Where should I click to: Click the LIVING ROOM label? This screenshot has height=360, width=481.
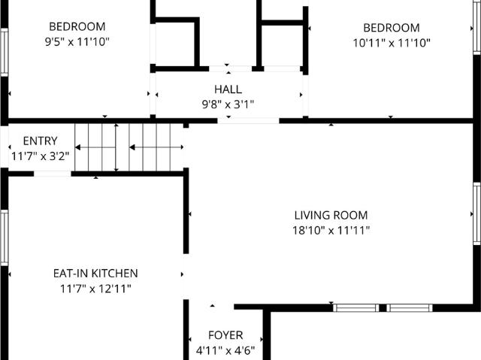pyautogui.click(x=331, y=215)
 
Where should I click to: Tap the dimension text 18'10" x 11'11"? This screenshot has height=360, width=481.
pyautogui.click(x=331, y=231)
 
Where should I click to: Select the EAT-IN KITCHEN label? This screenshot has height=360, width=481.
pyautogui.click(x=95, y=274)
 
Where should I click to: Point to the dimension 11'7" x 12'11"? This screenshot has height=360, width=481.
pyautogui.click(x=95, y=289)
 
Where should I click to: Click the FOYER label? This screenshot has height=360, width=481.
pyautogui.click(x=225, y=335)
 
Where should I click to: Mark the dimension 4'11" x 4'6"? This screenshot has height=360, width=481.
pyautogui.click(x=225, y=350)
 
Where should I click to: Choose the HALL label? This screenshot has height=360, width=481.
pyautogui.click(x=228, y=89)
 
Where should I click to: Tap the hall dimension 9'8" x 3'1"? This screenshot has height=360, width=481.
pyautogui.click(x=228, y=104)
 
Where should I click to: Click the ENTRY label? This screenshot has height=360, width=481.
pyautogui.click(x=40, y=141)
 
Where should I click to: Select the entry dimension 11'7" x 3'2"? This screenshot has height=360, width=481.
pyautogui.click(x=40, y=156)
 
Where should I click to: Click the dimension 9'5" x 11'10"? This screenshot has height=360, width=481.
pyautogui.click(x=77, y=43)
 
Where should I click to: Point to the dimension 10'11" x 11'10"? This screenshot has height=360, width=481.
pyautogui.click(x=392, y=43)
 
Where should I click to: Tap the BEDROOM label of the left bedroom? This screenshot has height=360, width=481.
pyautogui.click(x=77, y=27)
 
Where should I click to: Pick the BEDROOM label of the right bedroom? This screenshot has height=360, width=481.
pyautogui.click(x=392, y=27)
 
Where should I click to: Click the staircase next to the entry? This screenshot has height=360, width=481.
pyautogui.click(x=129, y=147)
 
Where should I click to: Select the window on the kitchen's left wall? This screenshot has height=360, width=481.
pyautogui.click(x=4, y=237)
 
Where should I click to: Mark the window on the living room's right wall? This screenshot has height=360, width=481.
pyautogui.click(x=476, y=213)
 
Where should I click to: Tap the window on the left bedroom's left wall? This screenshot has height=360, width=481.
pyautogui.click(x=4, y=53)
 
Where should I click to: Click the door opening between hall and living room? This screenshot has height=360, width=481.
pyautogui.click(x=248, y=120)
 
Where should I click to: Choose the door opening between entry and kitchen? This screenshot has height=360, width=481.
pyautogui.click(x=53, y=174)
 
